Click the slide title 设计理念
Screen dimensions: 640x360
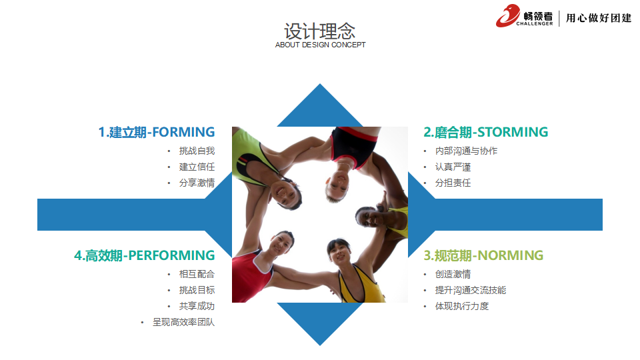click(319, 31)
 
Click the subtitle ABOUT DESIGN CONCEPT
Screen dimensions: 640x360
click(321, 45)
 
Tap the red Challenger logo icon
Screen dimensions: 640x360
click(508, 15)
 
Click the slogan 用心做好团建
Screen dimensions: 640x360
click(599, 18)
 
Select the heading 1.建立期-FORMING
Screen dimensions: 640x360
click(157, 132)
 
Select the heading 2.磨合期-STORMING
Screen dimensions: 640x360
click(486, 132)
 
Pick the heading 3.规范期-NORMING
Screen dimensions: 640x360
click(483, 255)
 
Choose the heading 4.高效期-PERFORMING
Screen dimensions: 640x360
click(145, 255)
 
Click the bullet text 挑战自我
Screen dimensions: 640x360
click(197, 151)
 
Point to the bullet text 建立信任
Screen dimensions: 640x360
click(197, 167)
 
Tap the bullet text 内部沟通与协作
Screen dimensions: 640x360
click(466, 151)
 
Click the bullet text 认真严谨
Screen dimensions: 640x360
click(453, 167)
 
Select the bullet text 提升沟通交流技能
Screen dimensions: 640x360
click(471, 290)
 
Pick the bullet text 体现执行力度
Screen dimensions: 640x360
click(462, 306)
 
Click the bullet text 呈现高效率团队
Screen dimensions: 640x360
click(184, 323)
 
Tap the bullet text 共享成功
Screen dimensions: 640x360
click(197, 306)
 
